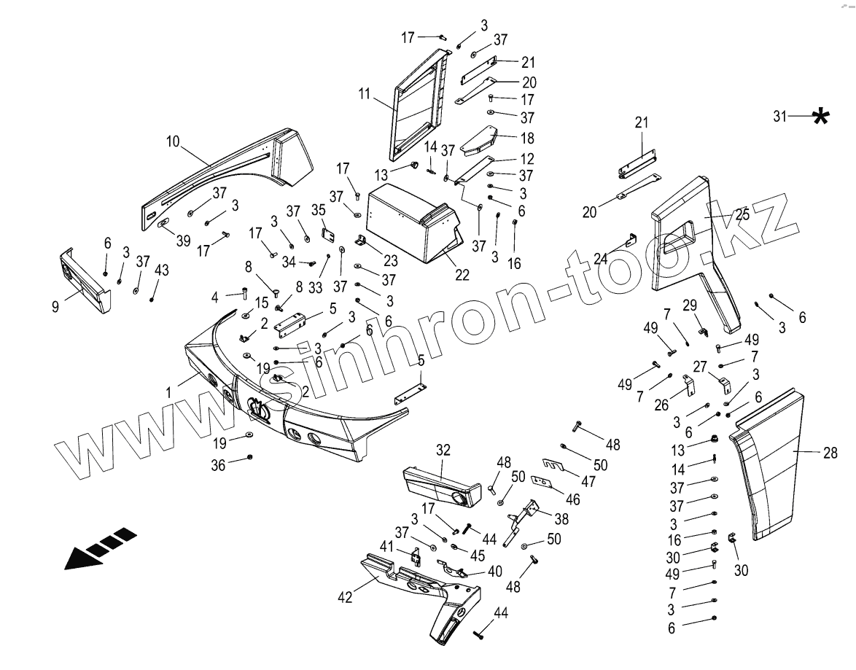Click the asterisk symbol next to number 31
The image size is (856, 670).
tap(821, 116)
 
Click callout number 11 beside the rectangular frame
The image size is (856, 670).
tap(365, 94)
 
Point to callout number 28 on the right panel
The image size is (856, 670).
tap(830, 453)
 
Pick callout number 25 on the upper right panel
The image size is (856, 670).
tap(742, 215)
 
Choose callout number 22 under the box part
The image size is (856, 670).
tap(462, 275)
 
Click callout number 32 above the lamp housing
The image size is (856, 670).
tap(443, 451)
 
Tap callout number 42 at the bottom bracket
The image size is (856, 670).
tap(345, 597)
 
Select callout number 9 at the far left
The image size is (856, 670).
tap(55, 307)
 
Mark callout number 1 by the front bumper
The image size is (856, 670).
tap(168, 392)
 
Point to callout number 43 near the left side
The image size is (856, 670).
tap(162, 270)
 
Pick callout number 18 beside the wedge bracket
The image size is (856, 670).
tap(526, 138)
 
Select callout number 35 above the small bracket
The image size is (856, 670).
tap(319, 210)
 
